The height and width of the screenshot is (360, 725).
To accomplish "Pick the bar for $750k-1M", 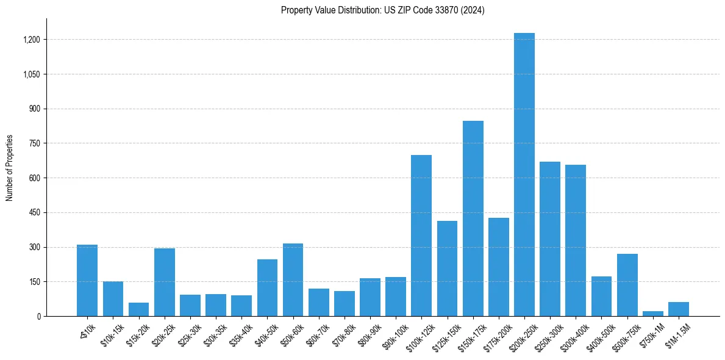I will [653, 314].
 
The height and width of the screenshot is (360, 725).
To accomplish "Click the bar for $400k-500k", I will [601, 296].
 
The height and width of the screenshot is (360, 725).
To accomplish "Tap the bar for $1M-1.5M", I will [679, 309].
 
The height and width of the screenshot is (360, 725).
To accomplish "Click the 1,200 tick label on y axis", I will [32, 40].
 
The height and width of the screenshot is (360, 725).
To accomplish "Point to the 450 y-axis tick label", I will [35, 213].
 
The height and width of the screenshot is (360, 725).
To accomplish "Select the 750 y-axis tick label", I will [35, 143].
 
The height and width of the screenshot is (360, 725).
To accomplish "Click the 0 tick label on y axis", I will [38, 317].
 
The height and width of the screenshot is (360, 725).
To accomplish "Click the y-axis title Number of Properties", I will [10, 168].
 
